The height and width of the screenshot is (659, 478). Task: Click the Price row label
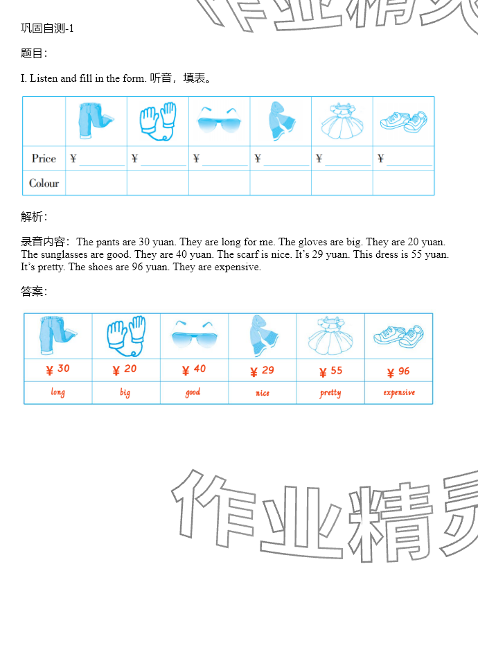[44, 159]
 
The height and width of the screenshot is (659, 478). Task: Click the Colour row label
[44, 183]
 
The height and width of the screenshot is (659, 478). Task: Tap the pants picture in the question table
[96, 120]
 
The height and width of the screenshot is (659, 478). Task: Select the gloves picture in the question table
[157, 121]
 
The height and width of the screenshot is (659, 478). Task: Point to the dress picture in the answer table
[330, 336]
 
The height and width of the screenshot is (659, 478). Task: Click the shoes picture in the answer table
[398, 336]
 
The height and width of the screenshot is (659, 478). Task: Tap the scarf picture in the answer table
[263, 336]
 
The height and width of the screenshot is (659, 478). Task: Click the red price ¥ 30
[58, 369]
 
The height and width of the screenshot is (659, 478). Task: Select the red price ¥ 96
[398, 371]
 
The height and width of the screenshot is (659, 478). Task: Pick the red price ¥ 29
[262, 371]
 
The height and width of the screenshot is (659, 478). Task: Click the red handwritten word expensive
[399, 392]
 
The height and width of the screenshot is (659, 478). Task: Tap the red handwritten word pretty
[330, 393]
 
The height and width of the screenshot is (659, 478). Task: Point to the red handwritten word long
[58, 392]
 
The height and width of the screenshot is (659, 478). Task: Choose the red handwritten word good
[193, 392]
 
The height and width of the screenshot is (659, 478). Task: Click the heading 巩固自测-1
[47, 28]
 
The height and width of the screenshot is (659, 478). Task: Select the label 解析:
[34, 216]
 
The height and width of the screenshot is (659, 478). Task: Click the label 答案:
[34, 291]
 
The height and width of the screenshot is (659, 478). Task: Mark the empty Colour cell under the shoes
[403, 183]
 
